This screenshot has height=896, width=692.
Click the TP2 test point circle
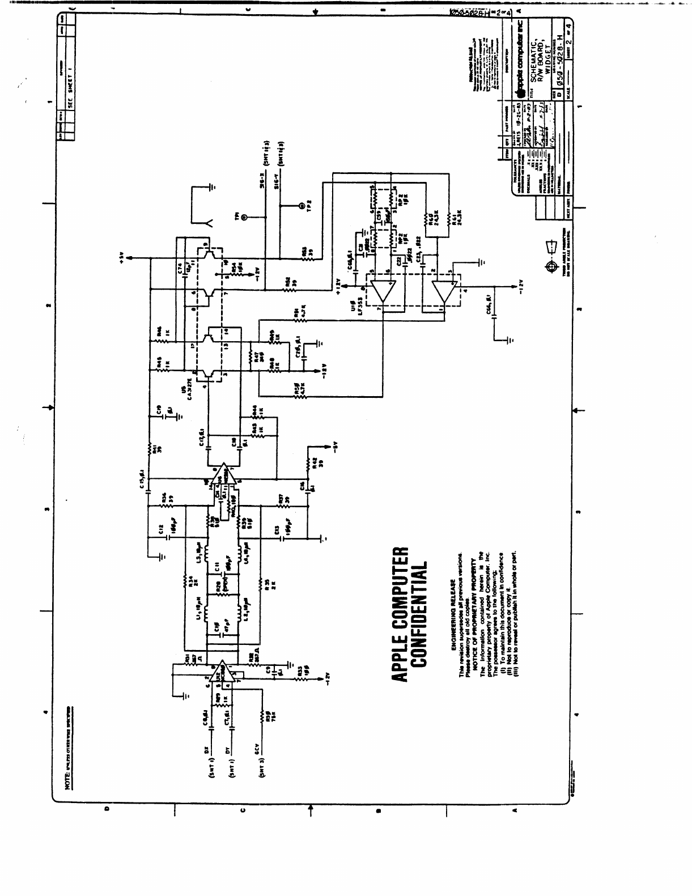[x=301, y=206]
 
